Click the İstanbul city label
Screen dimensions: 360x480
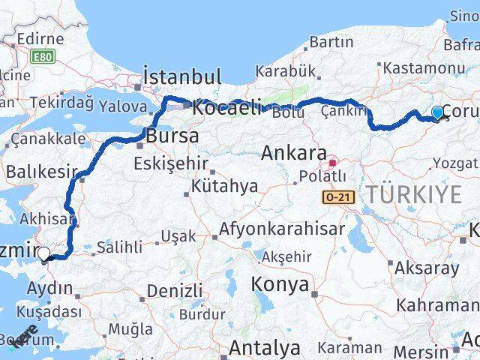pos(183,76)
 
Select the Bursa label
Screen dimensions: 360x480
pos(172,136)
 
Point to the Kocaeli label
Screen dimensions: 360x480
pos(227,107)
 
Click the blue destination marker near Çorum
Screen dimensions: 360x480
pos(438,113)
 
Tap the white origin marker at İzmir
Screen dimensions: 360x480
pos(43,254)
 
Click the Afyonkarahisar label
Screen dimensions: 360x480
pos(282,229)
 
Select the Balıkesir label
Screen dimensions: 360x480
pos(36,172)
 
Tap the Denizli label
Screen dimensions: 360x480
pos(175,290)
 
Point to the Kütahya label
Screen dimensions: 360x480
pos(224,185)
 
